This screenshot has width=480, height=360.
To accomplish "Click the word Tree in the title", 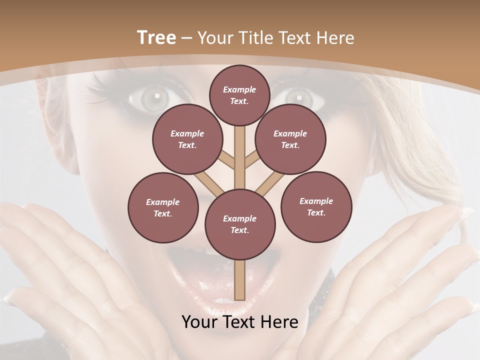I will pos(156,38).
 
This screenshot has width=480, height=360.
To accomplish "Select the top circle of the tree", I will pos(239,95).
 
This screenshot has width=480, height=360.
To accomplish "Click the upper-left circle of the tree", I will pos(187,139).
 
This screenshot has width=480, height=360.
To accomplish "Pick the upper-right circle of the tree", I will pos(290,139).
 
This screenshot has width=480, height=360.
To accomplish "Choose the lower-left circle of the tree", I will pos(162,207).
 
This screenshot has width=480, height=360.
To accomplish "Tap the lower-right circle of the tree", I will pos(316,206).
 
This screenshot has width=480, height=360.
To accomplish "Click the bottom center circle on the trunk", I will pos(239,224).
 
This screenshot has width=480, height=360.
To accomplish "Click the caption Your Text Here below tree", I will pos(239,322).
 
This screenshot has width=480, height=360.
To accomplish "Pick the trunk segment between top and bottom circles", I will pos(239,155).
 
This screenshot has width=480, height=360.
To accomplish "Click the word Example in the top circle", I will pos(239,89).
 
